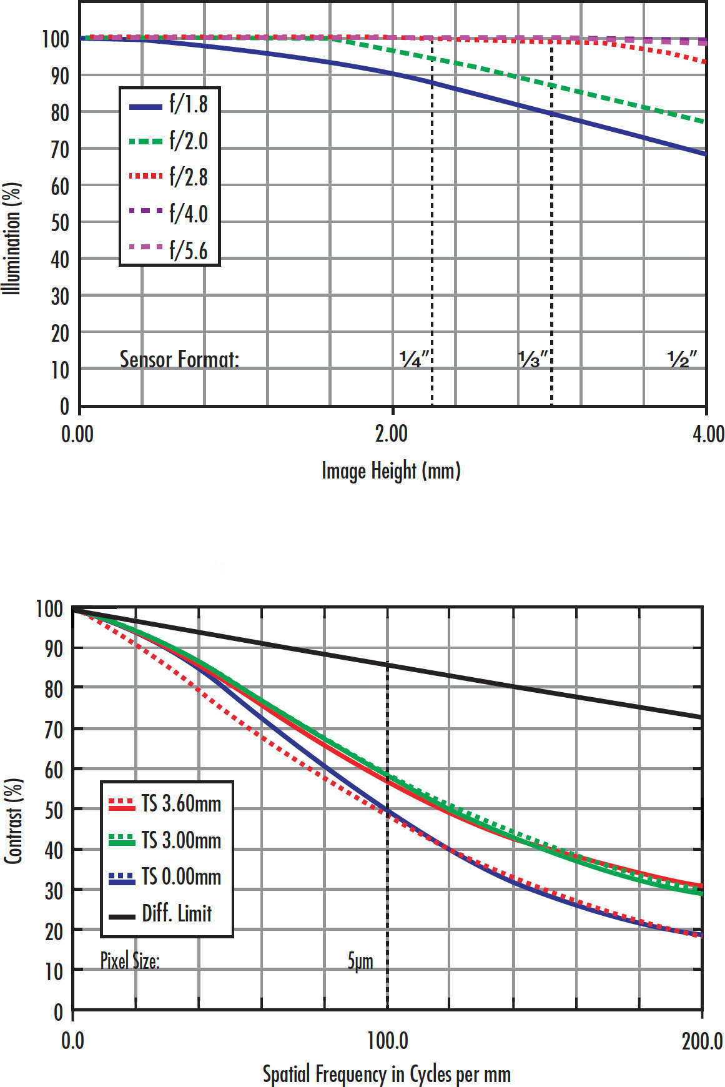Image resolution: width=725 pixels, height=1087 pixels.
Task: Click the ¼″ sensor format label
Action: pos(415,359)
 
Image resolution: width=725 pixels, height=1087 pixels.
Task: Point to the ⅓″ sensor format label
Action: pos(533,359)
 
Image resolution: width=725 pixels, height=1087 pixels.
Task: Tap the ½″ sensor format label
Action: pos(681,359)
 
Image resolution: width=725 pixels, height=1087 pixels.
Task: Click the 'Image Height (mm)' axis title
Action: pos(391,470)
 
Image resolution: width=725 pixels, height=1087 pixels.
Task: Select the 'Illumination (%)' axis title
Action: pos(12,238)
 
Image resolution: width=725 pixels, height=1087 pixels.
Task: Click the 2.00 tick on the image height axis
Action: pos(392,434)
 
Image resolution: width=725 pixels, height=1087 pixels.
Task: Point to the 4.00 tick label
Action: pos(708,434)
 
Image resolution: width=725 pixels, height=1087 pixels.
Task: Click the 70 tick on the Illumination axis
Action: pos(60,149)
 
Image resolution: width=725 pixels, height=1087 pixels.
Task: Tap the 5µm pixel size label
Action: pos(360,961)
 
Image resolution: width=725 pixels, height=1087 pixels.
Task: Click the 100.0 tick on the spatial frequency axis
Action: pos(387,1041)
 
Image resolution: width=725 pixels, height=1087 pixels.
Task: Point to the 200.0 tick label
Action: pos(702,1041)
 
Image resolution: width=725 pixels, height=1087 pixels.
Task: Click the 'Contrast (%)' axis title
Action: pos(13,821)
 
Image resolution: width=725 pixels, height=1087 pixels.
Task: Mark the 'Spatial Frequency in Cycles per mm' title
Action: pos(387,1074)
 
